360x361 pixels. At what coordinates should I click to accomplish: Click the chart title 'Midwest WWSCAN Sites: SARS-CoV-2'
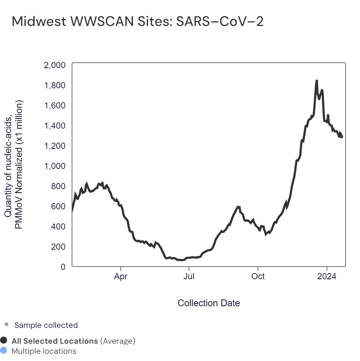138,22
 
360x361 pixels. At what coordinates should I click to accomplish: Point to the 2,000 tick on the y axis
54,65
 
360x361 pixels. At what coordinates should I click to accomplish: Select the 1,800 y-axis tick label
54,85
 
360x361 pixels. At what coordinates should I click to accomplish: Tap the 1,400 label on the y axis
54,126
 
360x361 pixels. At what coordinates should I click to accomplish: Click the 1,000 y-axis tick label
54,166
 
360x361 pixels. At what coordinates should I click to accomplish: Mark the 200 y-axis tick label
58,247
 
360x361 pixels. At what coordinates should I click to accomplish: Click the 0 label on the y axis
63,267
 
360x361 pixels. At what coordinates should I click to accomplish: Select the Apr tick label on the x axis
121,277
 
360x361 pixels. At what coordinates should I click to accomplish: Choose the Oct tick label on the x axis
258,277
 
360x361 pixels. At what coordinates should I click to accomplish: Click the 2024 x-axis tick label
327,277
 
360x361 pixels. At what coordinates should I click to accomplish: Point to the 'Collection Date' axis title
209,303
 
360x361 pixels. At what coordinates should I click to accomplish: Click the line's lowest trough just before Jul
180,260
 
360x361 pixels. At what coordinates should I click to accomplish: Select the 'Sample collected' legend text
46,325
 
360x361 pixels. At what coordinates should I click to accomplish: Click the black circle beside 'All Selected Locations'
4,340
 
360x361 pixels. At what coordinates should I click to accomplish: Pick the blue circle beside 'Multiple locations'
4,351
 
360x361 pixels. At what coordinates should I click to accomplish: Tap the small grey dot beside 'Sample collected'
6,325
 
